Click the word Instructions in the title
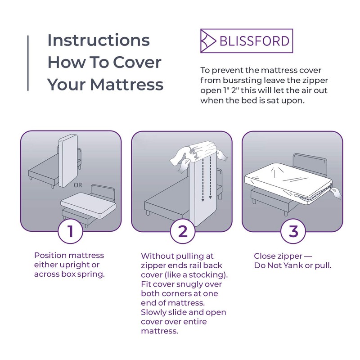coord(99,40)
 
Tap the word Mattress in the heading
coord(127,84)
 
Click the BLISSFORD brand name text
coord(254,41)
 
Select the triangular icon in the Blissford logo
coord(208,41)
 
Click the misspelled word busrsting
coord(243,81)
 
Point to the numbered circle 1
coord(70,231)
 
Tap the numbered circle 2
coord(183,231)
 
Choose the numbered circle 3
coord(293,231)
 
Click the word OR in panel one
coord(78,185)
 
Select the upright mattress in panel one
coord(68,161)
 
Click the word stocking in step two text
coord(206,275)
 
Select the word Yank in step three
coord(293,265)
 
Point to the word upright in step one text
coord(75,265)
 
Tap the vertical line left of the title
coord(28,63)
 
